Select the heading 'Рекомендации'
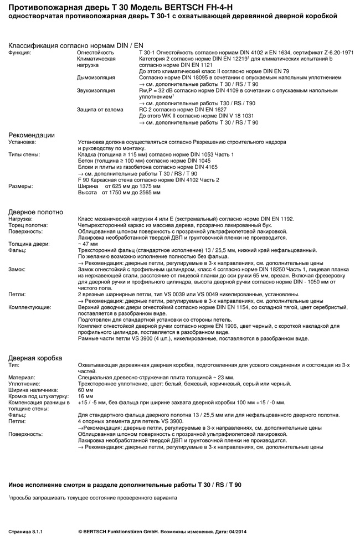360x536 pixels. pos(31,135)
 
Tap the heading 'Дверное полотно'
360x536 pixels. pos(35,212)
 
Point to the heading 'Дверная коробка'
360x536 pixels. pos(35,358)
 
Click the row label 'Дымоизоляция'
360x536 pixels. pos(96,78)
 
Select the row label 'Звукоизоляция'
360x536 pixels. pos(96,90)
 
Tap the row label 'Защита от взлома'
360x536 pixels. pos(100,110)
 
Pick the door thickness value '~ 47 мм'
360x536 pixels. pos(89,244)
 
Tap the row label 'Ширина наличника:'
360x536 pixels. pos(33,390)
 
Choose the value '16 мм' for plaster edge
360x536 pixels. pos(86,396)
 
